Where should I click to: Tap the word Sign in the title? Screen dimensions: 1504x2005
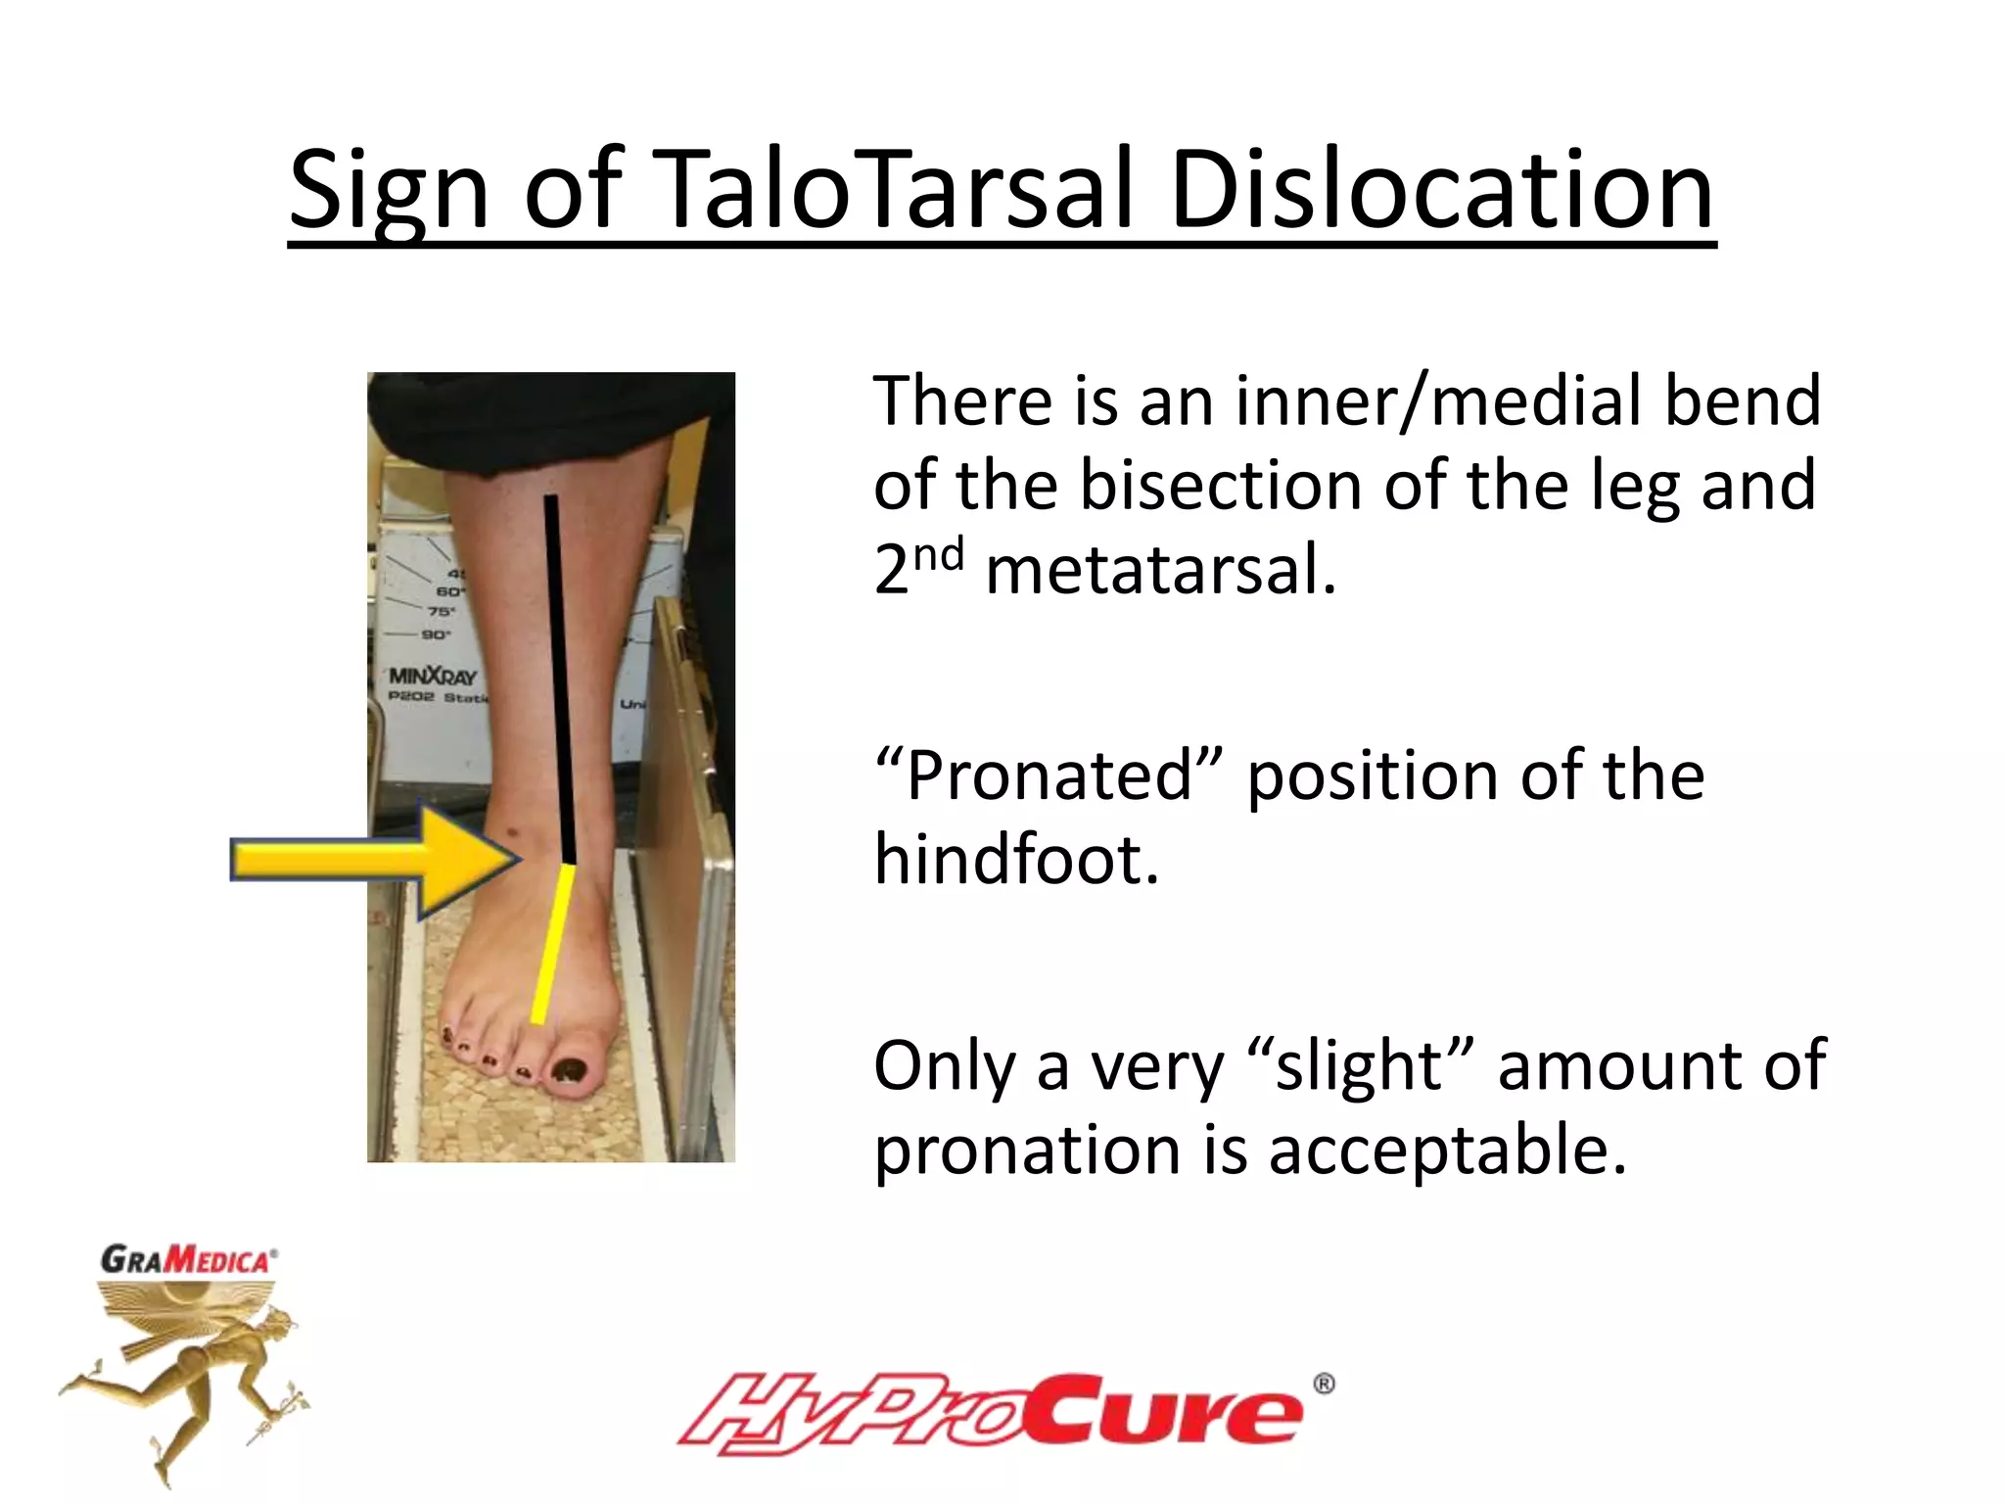pyautogui.click(x=388, y=191)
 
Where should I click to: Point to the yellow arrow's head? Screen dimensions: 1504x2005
pyautogui.click(x=470, y=860)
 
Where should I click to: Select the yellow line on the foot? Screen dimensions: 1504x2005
pyautogui.click(x=552, y=945)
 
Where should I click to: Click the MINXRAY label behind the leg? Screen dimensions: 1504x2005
pyautogui.click(x=433, y=677)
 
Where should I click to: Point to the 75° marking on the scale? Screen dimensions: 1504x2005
pyautogui.click(x=442, y=612)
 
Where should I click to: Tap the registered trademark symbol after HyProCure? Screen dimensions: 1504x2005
pyautogui.click(x=1323, y=1384)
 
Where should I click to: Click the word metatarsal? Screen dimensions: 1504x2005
pyautogui.click(x=1160, y=571)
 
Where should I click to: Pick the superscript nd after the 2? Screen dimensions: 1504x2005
pyautogui.click(x=938, y=554)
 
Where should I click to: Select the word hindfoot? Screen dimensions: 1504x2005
pyautogui.click(x=1016, y=860)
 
